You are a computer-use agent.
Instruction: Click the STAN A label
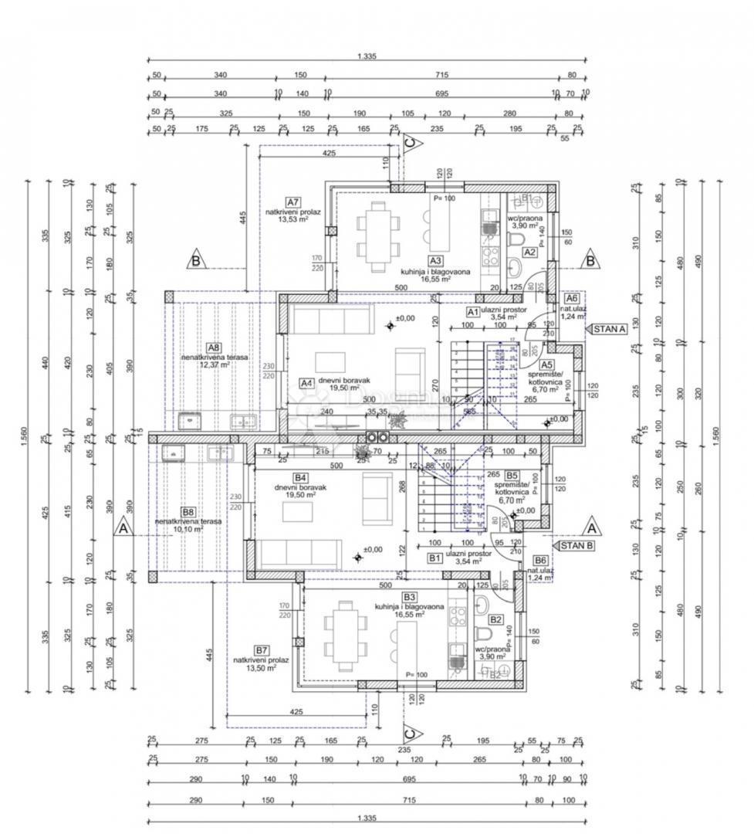click(x=608, y=329)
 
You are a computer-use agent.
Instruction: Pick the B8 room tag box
click(x=188, y=511)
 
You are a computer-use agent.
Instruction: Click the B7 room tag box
click(x=262, y=650)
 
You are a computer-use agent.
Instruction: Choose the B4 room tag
click(x=301, y=478)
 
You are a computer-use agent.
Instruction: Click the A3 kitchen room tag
click(x=435, y=261)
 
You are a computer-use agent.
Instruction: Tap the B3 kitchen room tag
click(x=409, y=597)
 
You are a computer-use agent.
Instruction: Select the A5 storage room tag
click(x=546, y=364)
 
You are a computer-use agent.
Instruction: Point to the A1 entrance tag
click(x=472, y=311)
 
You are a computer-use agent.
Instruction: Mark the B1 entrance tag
click(x=434, y=557)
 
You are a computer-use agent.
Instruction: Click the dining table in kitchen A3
click(x=377, y=237)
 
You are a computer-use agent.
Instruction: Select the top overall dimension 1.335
click(x=367, y=56)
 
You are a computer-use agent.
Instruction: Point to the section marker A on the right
click(x=592, y=528)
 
